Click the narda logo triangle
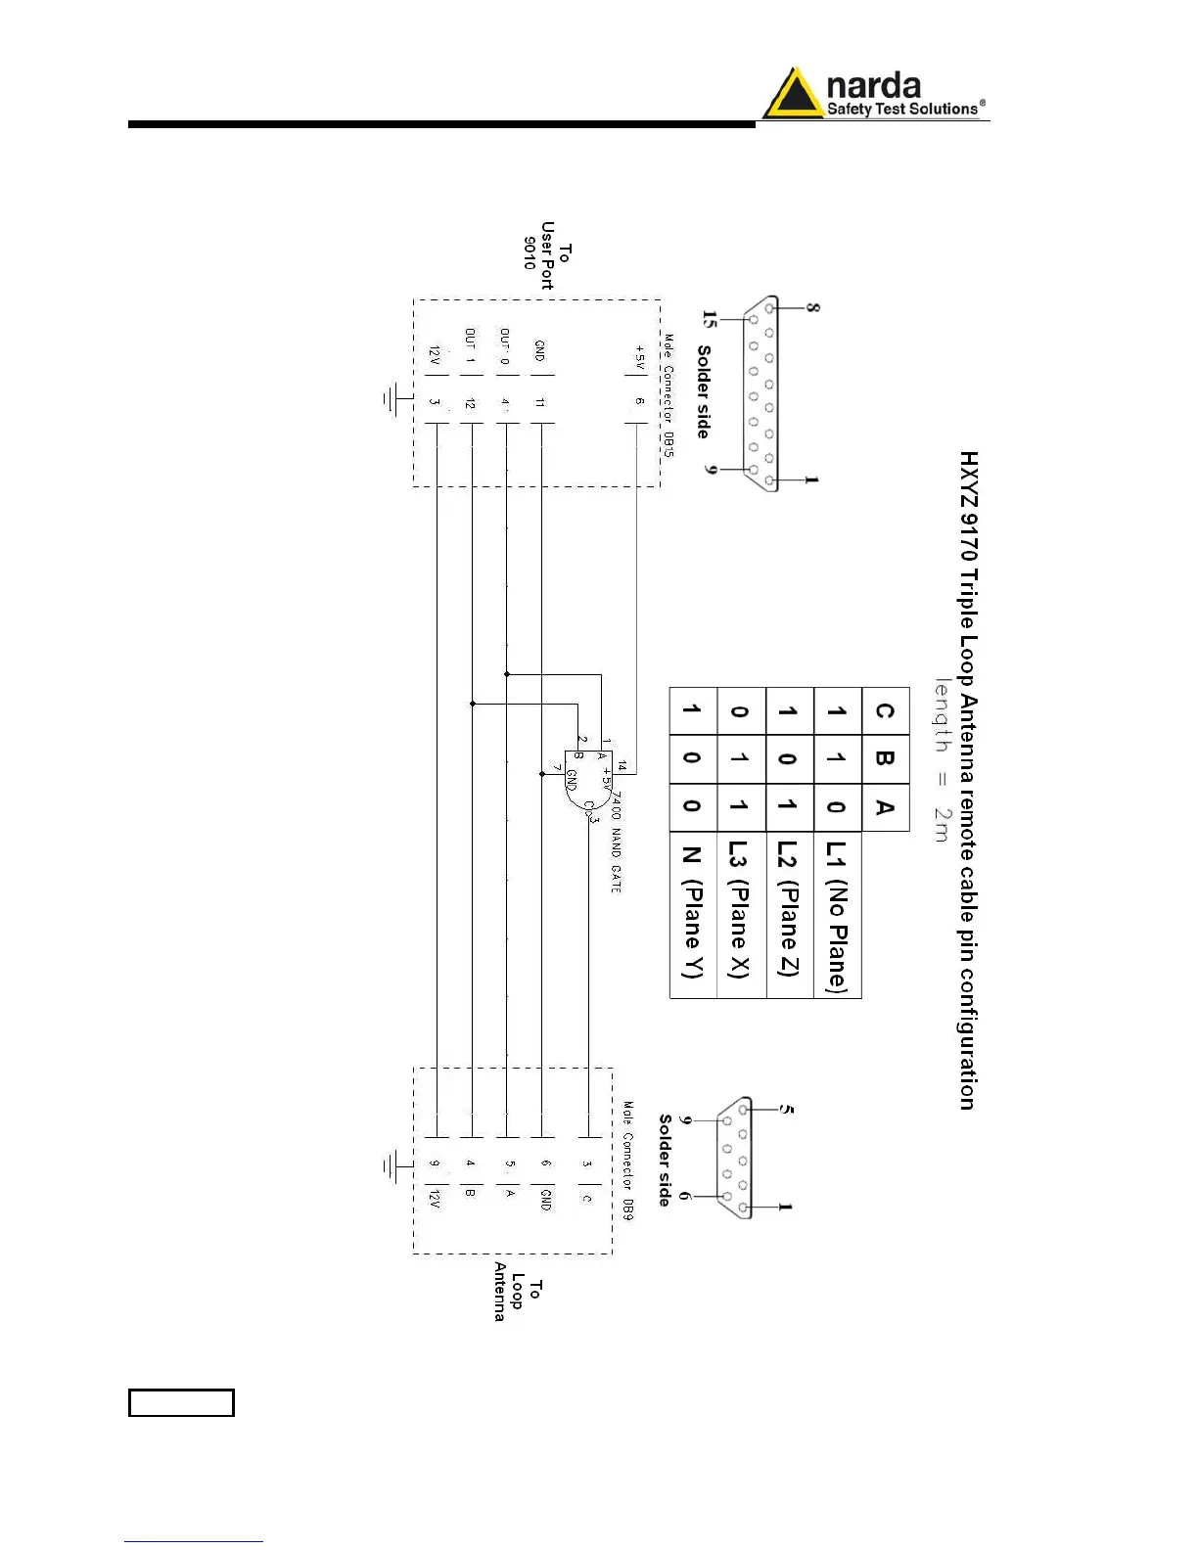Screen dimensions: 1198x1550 (x=793, y=95)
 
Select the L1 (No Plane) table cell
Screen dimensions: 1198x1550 (x=837, y=915)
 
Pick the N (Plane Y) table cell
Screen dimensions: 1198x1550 (x=692, y=915)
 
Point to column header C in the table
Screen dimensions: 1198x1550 (x=885, y=710)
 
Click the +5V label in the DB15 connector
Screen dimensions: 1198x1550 (x=640, y=357)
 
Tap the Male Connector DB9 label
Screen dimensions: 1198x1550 (x=628, y=1161)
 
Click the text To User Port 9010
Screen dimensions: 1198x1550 (x=546, y=255)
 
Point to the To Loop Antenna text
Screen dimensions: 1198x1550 (x=517, y=1291)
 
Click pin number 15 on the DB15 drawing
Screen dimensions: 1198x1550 (x=710, y=320)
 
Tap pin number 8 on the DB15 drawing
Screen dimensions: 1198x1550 (x=812, y=307)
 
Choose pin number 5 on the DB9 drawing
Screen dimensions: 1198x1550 (x=787, y=1110)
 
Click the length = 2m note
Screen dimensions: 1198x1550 (x=941, y=759)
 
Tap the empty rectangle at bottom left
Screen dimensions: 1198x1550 (x=181, y=1402)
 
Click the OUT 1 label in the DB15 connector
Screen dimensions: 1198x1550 (x=470, y=346)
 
